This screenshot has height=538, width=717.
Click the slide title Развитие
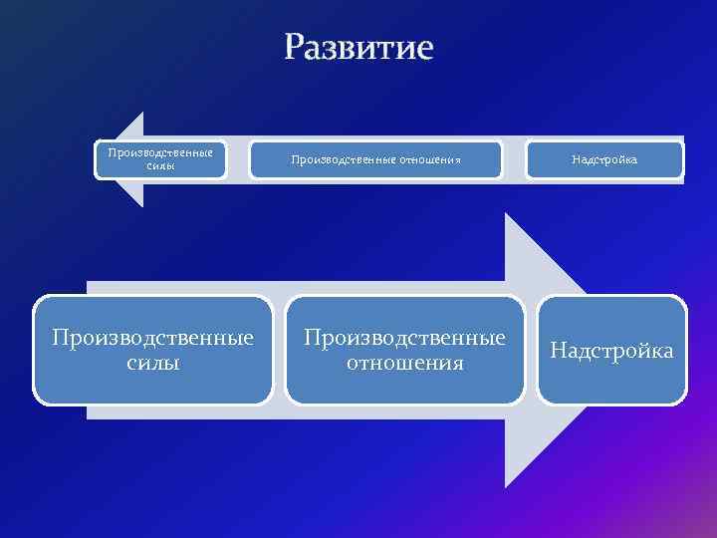pyautogui.click(x=358, y=47)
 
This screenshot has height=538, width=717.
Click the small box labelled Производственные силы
pyautogui.click(x=160, y=159)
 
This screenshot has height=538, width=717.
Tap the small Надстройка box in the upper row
pyautogui.click(x=604, y=159)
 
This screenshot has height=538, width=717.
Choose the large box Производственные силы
pyautogui.click(x=152, y=350)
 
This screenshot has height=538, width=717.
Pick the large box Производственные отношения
pyautogui.click(x=404, y=350)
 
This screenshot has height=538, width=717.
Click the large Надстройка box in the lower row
pyautogui.click(x=611, y=350)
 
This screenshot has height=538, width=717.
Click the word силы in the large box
pyautogui.click(x=153, y=363)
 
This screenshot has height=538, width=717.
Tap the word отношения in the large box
pyautogui.click(x=404, y=363)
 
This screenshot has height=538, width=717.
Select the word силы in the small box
pyautogui.click(x=160, y=166)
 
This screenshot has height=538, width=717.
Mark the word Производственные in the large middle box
pyautogui.click(x=404, y=338)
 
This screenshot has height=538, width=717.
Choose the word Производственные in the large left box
pyautogui.click(x=152, y=338)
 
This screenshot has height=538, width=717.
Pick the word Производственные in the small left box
pyautogui.click(x=160, y=153)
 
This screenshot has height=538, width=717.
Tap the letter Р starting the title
pyautogui.click(x=296, y=48)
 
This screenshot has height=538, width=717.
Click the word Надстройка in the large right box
pyautogui.click(x=611, y=351)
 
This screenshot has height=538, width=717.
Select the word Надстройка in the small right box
pyautogui.click(x=604, y=159)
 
